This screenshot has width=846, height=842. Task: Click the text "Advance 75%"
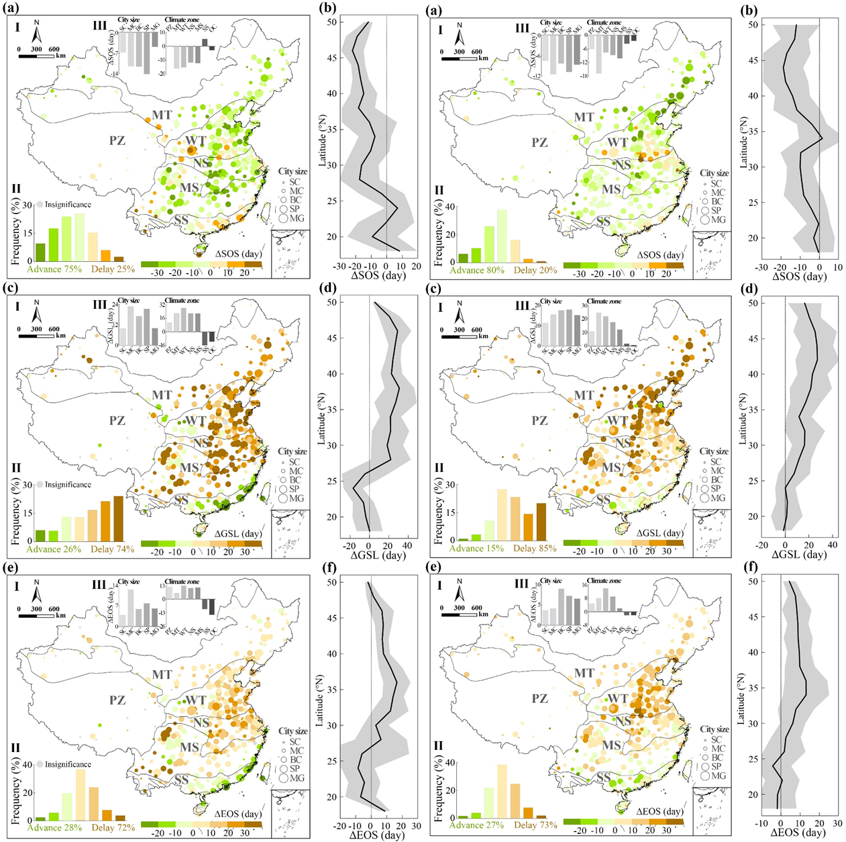click(x=54, y=269)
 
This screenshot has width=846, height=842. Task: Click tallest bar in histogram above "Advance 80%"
click(x=501, y=236)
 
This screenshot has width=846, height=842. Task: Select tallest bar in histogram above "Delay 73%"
click(x=501, y=790)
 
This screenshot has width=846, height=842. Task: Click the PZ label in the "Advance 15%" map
click(x=539, y=421)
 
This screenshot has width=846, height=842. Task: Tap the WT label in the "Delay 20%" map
click(x=618, y=142)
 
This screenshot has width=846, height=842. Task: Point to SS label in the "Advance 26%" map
click(x=181, y=500)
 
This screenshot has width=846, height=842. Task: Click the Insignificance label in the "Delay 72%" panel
click(x=68, y=764)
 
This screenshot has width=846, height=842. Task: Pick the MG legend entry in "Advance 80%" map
click(x=718, y=220)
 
